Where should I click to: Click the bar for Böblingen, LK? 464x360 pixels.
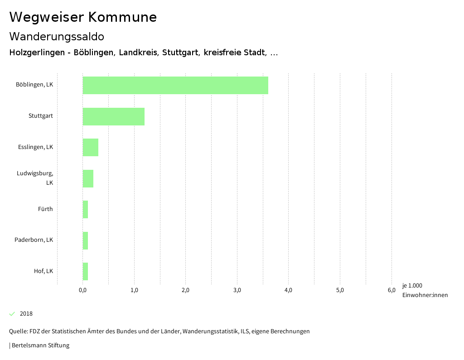(175, 86)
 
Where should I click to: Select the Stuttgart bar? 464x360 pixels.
(114, 116)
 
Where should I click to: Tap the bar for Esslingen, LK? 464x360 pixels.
(91, 147)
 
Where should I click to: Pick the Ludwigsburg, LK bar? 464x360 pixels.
(88, 178)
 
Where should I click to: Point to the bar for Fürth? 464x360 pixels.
(85, 209)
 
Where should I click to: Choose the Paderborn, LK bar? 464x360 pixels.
(85, 240)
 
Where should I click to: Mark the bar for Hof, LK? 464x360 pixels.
(85, 271)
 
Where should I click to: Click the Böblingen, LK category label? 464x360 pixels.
(34, 85)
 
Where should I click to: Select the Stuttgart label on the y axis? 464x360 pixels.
(41, 116)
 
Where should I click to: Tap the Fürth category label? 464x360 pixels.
(45, 209)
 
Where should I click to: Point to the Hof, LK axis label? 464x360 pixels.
(43, 271)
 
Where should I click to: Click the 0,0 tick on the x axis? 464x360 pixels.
(82, 290)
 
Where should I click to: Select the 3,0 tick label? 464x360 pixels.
(237, 290)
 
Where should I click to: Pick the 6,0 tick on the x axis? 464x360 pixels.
(391, 290)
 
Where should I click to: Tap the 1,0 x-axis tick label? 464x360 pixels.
(134, 290)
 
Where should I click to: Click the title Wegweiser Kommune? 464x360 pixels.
(83, 17)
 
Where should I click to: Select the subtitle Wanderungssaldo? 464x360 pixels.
(57, 37)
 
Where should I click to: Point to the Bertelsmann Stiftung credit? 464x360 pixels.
(40, 346)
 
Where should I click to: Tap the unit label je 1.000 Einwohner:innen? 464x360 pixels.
(425, 290)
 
